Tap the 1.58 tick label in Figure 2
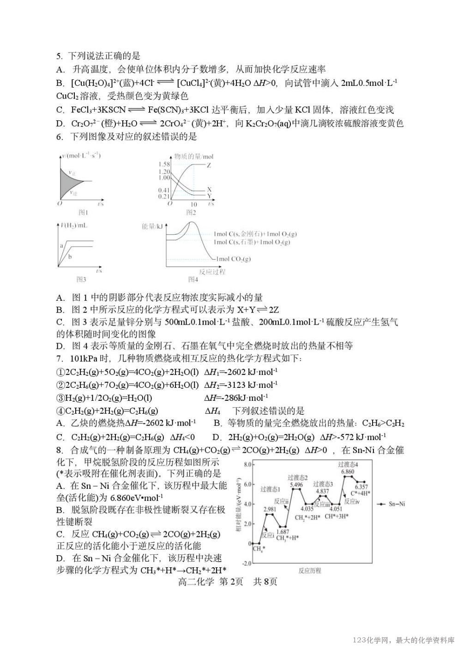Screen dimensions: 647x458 [164, 165]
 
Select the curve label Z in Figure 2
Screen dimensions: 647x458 [209, 165]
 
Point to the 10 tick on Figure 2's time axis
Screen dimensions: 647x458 [193, 204]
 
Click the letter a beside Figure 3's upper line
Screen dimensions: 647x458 [61, 245]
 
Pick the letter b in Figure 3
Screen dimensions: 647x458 [70, 256]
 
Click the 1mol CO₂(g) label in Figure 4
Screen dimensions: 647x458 [233, 259]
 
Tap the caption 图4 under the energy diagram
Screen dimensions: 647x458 [193, 279]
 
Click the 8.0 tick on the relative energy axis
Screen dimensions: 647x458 [247, 464]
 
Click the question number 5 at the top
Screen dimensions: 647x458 [59, 56]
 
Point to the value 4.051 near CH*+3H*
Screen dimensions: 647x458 [336, 509]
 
